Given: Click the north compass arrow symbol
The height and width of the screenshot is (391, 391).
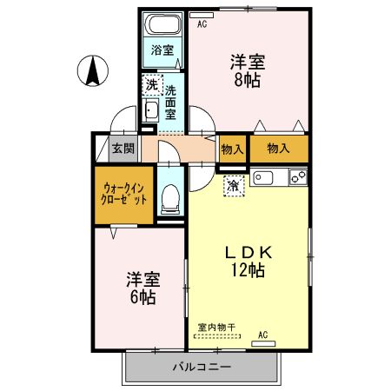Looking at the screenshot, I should coord(91,70).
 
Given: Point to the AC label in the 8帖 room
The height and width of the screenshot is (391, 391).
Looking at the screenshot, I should coord(202,24).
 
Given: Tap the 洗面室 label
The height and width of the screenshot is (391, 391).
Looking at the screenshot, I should coord(171,102).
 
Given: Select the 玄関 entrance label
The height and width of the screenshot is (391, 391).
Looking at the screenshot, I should coord(122,147).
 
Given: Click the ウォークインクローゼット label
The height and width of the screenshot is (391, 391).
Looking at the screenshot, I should coord(124,192).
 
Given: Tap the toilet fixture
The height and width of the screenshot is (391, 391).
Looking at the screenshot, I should coord(170,199).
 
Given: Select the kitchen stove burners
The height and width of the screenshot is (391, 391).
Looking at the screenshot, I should coord(297,178).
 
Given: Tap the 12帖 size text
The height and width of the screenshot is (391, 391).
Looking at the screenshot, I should coord(248,269).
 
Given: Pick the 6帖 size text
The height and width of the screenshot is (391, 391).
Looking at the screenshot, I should coord(142,297).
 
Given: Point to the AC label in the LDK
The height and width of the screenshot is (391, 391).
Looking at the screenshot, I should coord(262,334).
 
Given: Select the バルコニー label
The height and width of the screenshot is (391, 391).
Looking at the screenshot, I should coord(202,367).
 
